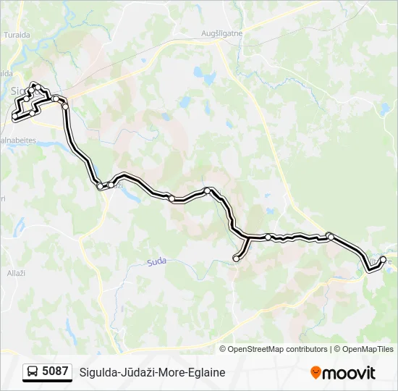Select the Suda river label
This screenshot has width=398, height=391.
pyautogui.click(x=157, y=262)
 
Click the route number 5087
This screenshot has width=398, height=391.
pyautogui.click(x=55, y=371)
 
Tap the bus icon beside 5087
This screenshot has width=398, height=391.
pyautogui.click(x=33, y=372)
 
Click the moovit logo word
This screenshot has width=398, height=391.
pyautogui.click(x=350, y=373)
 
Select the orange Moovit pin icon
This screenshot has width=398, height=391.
pyautogui.click(x=316, y=373)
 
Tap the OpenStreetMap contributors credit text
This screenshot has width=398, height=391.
pyautogui.click(x=278, y=349)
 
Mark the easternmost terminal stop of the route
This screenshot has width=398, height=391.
pyautogui.click(x=383, y=259)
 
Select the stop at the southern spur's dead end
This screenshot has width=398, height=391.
pyautogui.click(x=236, y=258)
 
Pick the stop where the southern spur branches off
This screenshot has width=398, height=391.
pyautogui.click(x=248, y=237)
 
